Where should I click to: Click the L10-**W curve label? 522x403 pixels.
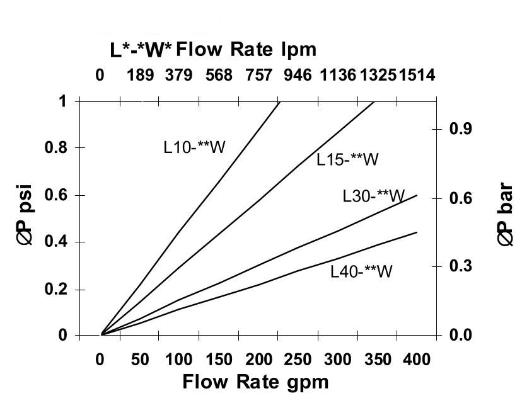click(x=194, y=147)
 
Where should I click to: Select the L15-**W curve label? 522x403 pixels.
click(x=347, y=160)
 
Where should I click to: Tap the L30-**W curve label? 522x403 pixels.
click(x=374, y=196)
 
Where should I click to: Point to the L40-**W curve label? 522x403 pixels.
click(x=362, y=271)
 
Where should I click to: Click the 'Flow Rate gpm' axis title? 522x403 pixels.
click(x=255, y=382)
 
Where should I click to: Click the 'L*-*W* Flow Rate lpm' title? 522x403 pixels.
click(x=213, y=49)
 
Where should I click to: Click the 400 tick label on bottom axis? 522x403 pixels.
click(x=417, y=360)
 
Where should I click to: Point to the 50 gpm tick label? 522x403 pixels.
click(x=140, y=360)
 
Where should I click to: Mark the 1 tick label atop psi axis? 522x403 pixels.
click(x=63, y=101)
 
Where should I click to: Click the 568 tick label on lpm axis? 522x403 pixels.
click(x=219, y=76)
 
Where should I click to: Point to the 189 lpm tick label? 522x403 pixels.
click(x=140, y=76)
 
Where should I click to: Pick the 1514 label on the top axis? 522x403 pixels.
click(x=417, y=76)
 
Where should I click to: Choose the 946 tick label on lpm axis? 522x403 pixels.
click(x=298, y=76)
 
